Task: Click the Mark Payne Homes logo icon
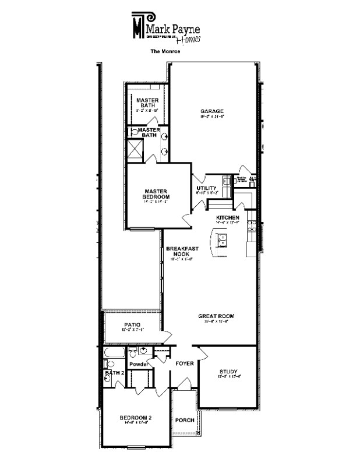pos(138,24)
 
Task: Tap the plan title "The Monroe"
pos(165,51)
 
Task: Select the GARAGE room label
pos(212,111)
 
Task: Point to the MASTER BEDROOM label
pos(156,193)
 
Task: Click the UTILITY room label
pos(207,188)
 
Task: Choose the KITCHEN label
pos(228,218)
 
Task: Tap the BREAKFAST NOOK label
pos(182,252)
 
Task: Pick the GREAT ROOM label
pos(216,316)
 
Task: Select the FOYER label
pos(185,363)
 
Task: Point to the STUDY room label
pos(228,372)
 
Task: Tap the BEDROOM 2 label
pos(136,418)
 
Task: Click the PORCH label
pos(185,419)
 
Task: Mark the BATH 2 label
pos(114,372)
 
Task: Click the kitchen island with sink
pos(224,239)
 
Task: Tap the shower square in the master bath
pos(135,149)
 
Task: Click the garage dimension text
pos(212,117)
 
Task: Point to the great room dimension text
pos(216,322)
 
